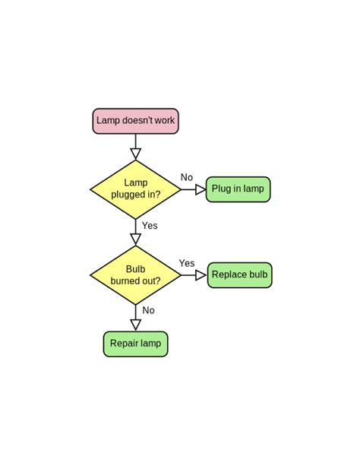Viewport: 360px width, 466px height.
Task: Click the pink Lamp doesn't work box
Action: click(135, 121)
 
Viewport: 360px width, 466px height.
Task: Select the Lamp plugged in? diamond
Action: click(135, 189)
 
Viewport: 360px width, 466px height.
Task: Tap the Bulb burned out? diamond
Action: click(135, 274)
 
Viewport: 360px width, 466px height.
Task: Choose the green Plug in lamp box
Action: click(238, 189)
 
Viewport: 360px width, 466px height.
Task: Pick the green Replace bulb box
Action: click(239, 274)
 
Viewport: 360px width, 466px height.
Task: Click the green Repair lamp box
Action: click(135, 344)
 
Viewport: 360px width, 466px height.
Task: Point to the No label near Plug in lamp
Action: click(187, 178)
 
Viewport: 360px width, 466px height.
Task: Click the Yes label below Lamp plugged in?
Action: click(150, 226)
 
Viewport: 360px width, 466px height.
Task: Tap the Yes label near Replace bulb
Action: click(187, 264)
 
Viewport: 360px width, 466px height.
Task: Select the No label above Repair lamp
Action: click(148, 310)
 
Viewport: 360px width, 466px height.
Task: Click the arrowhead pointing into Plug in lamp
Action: click(201, 189)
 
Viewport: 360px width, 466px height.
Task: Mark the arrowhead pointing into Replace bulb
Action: click(201, 274)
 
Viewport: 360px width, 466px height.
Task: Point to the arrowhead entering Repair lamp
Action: click(135, 325)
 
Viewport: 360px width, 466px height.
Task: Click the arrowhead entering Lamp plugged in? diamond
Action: click(135, 154)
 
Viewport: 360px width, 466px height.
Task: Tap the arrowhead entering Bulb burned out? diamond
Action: click(135, 239)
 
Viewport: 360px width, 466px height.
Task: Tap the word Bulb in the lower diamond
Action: click(135, 268)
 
